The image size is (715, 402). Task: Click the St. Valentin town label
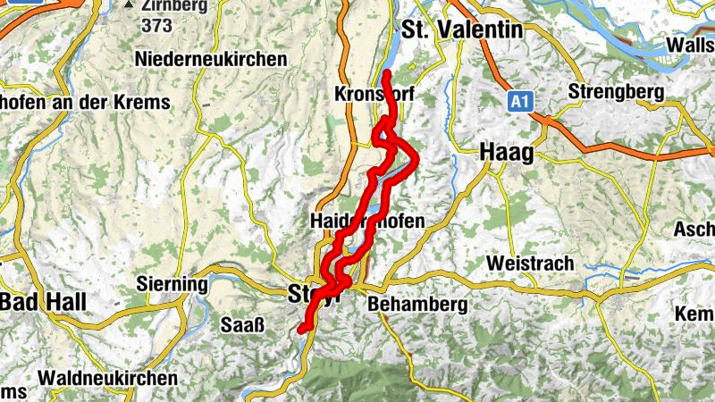[462, 29]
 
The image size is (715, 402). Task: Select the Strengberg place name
[616, 92]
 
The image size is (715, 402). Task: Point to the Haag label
[507, 152]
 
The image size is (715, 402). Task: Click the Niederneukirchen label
[212, 59]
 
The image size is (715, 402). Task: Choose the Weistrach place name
[527, 264]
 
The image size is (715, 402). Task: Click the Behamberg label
[417, 305]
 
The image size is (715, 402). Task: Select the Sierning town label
[172, 284]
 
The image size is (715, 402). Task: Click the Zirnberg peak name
[174, 5]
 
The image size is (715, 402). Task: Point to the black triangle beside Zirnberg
[130, 5]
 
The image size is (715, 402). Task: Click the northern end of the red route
[386, 72]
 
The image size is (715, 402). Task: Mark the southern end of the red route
[302, 330]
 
